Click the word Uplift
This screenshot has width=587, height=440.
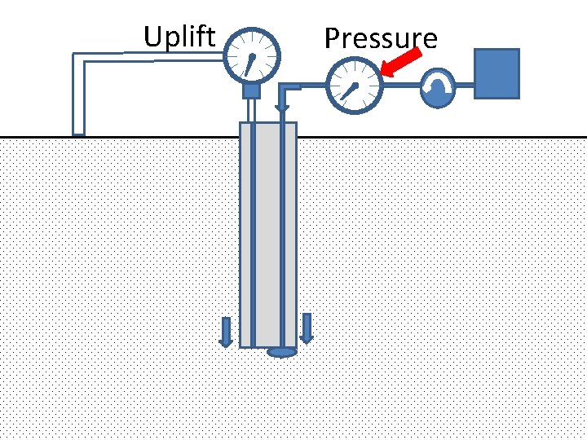(179, 37)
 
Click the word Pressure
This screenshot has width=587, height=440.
(381, 38)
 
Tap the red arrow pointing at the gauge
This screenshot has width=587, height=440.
(402, 62)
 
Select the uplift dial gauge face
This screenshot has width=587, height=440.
(251, 56)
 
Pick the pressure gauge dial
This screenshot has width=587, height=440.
(354, 86)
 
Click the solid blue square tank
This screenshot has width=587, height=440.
(497, 73)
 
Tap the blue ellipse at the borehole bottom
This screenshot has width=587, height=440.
(281, 352)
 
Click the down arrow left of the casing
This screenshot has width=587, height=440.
(227, 331)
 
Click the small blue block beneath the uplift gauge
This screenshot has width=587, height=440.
(251, 90)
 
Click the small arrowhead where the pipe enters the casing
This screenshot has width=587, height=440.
(282, 108)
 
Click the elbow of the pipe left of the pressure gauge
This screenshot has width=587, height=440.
(287, 86)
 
